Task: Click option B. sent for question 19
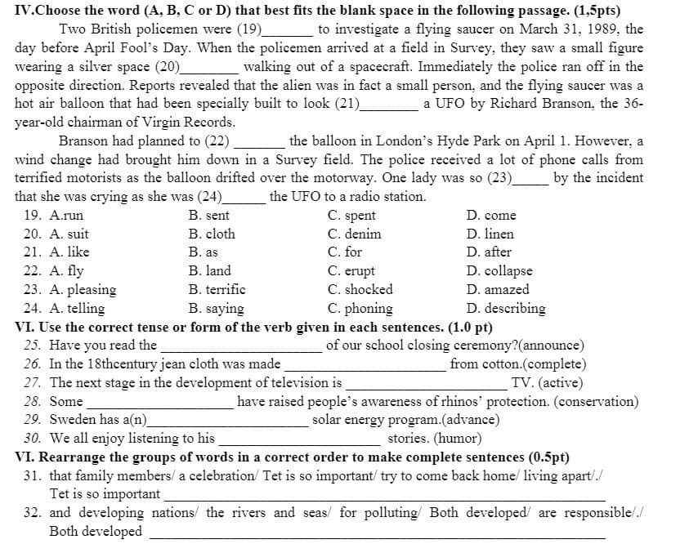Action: (x=208, y=216)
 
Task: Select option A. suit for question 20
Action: (x=69, y=234)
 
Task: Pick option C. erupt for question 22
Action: (x=351, y=271)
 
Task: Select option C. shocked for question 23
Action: (x=360, y=290)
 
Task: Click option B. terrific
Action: (x=217, y=290)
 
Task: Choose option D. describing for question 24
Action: (x=506, y=309)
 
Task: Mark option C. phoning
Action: (x=360, y=309)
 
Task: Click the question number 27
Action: (x=33, y=383)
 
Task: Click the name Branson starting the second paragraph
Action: (x=84, y=140)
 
